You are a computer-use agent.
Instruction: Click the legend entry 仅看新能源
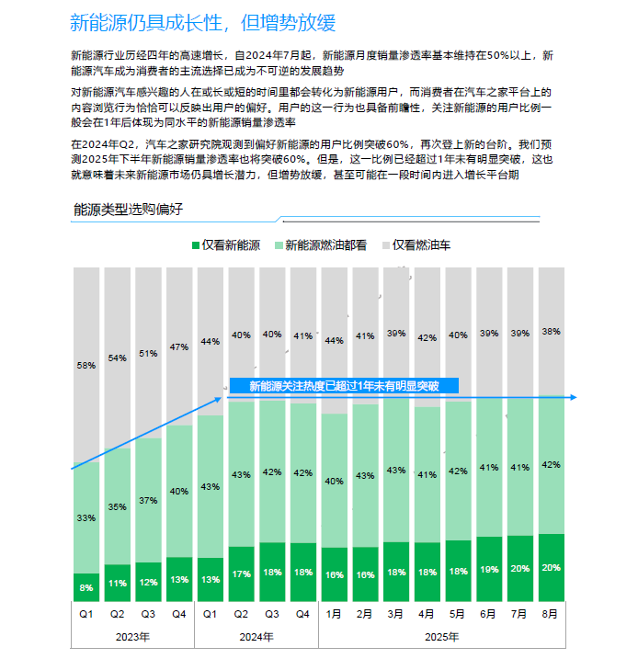point(226,245)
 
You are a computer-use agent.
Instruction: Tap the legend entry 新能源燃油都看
point(321,245)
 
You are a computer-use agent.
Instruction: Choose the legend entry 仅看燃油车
point(416,245)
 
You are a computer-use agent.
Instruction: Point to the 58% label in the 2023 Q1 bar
point(86,365)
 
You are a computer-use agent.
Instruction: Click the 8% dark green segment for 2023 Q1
point(86,586)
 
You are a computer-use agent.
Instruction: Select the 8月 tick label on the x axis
point(550,614)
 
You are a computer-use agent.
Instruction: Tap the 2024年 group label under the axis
point(256,636)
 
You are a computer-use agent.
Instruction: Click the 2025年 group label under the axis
point(441,636)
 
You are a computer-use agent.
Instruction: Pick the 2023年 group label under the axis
point(132,636)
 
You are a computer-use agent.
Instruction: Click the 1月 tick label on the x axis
point(335,614)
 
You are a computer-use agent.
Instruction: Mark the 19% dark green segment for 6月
point(488,570)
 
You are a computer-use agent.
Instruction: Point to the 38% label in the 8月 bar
point(550,331)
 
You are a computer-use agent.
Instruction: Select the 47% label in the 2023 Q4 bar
point(179,346)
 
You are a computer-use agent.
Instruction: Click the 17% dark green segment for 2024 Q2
point(241,574)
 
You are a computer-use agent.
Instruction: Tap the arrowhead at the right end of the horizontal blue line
point(573,398)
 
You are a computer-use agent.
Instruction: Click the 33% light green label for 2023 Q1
point(86,518)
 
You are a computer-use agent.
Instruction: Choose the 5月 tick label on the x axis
point(458,614)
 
